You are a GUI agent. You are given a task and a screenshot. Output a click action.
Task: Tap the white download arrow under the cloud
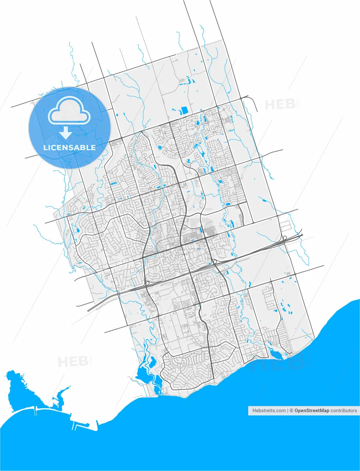tap(66, 132)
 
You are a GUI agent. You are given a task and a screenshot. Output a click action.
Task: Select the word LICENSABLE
tap(70, 148)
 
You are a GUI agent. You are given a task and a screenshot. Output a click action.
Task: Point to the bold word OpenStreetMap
tap(312, 410)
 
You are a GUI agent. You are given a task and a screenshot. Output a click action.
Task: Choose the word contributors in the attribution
tap(344, 410)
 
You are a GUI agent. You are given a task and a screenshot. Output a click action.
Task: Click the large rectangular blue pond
tap(184, 110)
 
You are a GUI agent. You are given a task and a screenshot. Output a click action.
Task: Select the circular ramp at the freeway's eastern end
tap(285, 238)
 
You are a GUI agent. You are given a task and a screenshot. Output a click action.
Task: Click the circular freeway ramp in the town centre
tap(214, 262)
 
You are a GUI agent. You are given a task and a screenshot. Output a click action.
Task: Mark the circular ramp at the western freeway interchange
tap(147, 283)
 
